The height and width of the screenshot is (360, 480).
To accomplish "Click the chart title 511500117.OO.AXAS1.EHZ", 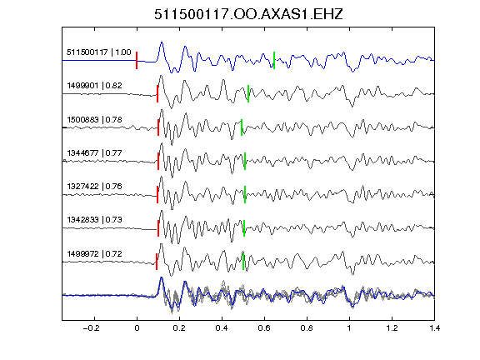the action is [248, 14].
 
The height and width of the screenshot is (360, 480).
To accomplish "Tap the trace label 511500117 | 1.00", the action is [99, 52].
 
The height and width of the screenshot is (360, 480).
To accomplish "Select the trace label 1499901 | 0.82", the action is [95, 85].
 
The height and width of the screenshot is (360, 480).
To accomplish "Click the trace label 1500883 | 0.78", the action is [95, 119].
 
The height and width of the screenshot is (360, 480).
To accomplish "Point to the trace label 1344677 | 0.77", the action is [95, 152].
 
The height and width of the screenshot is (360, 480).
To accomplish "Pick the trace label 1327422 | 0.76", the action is [95, 186].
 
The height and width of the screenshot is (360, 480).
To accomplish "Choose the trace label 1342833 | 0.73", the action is [95, 219].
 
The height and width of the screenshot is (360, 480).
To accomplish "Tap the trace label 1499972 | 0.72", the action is [95, 254].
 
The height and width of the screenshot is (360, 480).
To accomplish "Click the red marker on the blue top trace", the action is [137, 61].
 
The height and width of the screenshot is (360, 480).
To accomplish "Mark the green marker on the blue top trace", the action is [274, 61].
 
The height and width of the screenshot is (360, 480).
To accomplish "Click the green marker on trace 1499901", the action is [248, 93].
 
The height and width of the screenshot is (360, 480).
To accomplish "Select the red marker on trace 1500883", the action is [158, 127].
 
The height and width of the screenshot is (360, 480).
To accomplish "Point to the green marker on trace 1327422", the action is [245, 194].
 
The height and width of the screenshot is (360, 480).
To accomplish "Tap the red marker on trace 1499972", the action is [157, 262].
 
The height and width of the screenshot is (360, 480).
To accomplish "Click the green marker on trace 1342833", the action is [244, 228].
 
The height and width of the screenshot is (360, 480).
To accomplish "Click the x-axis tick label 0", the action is [137, 328].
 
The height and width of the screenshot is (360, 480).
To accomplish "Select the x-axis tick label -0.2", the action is [91, 328].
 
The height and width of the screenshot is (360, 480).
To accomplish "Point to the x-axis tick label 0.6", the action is [264, 328].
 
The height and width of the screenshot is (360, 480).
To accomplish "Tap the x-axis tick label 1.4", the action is [434, 328].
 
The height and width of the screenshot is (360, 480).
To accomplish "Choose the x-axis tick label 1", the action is [349, 328].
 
